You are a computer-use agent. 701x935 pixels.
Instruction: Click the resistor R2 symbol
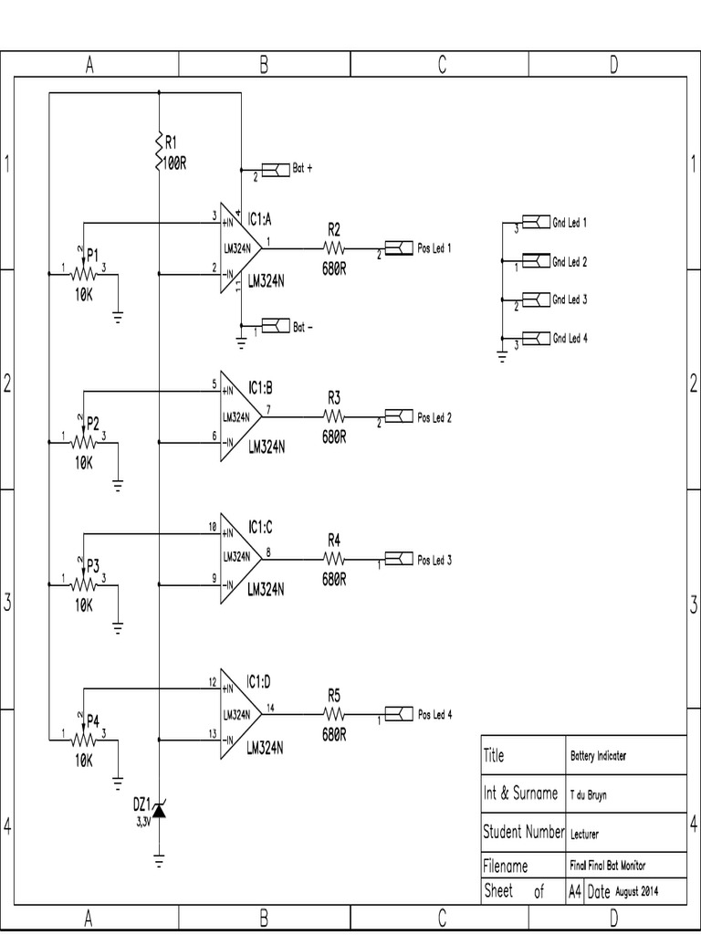[x=333, y=247]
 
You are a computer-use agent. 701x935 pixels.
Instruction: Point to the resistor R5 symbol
[x=333, y=715]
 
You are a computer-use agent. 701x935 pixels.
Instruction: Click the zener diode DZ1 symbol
[x=159, y=808]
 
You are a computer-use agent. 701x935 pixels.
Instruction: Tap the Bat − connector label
[x=303, y=326]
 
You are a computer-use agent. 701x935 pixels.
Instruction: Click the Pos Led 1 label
[x=434, y=248]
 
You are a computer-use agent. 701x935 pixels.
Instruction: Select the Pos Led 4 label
[x=434, y=715]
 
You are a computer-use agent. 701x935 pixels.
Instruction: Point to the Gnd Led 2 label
[x=569, y=262]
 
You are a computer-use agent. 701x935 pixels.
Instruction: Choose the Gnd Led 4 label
[x=569, y=338]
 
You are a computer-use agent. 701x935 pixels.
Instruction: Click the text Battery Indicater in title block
[x=598, y=756]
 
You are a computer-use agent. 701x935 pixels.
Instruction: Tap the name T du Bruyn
[x=589, y=794]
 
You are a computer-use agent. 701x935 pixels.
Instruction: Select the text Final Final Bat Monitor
[x=613, y=866]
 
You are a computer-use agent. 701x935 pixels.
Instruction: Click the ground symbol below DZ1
[x=159, y=860]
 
